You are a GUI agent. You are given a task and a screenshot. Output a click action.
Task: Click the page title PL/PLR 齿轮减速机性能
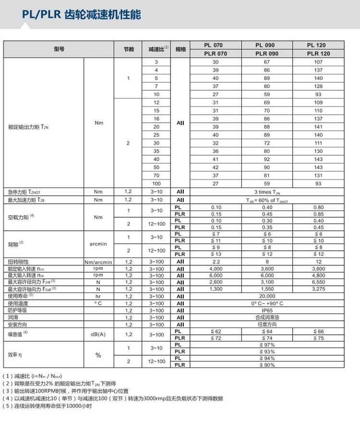(x=82, y=15)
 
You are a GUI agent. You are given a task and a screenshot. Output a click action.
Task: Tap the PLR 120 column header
(x=319, y=54)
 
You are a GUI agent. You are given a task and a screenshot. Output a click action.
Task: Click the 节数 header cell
(x=128, y=49)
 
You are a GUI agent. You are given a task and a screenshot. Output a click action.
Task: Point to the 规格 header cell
(x=180, y=49)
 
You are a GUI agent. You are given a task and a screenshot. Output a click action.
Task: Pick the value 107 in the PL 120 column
(x=319, y=62)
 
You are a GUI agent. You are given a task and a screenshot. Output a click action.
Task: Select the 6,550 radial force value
(x=319, y=282)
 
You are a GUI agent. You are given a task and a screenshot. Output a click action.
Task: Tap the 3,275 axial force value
(x=319, y=289)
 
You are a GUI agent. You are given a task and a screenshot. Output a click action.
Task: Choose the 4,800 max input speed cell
(x=319, y=276)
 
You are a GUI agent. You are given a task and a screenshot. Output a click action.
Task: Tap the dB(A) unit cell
(x=98, y=335)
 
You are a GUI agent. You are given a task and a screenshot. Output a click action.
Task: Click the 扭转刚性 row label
(x=18, y=262)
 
